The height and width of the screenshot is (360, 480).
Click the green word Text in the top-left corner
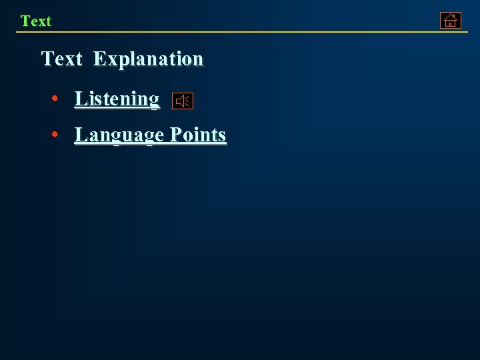tap(36, 21)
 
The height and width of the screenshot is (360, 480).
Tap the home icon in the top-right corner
tap(451, 21)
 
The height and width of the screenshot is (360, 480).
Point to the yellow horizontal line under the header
tap(240, 32)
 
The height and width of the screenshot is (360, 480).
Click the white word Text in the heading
tap(61, 59)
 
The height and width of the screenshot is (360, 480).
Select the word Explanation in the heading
tap(148, 59)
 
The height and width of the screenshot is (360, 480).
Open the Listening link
tap(117, 99)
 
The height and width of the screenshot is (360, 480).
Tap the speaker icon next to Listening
tap(183, 101)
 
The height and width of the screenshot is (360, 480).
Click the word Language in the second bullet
tap(119, 135)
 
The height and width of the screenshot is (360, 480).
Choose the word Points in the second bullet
tap(198, 135)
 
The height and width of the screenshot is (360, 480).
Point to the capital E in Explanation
tap(99, 59)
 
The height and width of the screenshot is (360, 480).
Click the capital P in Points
tap(175, 135)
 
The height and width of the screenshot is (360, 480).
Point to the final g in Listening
tap(155, 101)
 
